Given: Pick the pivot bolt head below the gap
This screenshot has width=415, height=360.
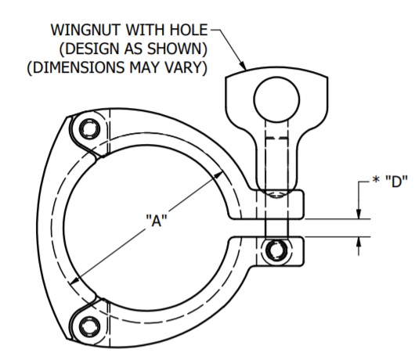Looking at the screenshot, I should tap(275, 250).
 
